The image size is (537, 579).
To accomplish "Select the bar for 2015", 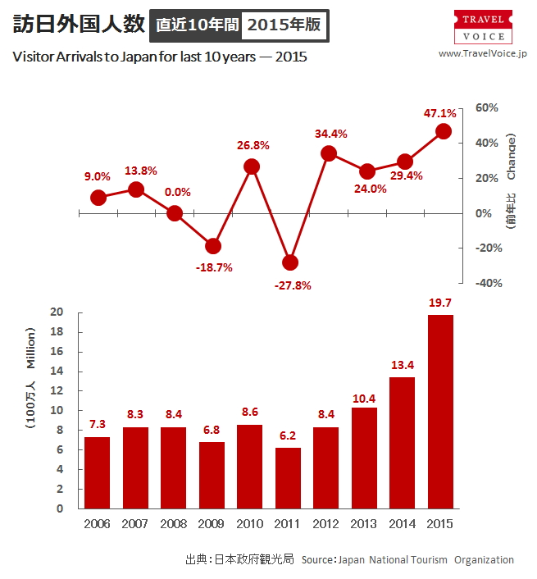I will (x=440, y=412).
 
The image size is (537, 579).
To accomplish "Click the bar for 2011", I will (x=288, y=478).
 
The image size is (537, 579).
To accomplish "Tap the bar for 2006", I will (x=98, y=472).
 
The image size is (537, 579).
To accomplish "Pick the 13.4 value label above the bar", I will (x=402, y=365).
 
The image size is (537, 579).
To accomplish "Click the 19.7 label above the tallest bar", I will (x=440, y=303).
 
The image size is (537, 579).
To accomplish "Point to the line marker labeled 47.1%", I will (x=444, y=131).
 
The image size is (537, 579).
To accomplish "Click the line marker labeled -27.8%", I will (x=289, y=262).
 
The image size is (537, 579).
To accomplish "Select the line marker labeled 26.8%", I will (x=252, y=166).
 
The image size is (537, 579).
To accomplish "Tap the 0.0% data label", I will (x=177, y=193).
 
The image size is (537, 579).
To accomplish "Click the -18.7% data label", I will (x=214, y=267).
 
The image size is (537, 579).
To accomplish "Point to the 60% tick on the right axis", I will (x=488, y=108).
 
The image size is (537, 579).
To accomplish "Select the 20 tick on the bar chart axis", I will (x=57, y=312).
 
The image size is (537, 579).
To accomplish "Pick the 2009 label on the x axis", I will (x=212, y=524).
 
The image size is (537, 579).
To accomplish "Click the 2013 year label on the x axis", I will (x=364, y=524).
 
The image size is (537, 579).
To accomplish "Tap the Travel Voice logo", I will (x=483, y=27).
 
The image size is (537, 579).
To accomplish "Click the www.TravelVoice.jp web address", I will (x=483, y=53).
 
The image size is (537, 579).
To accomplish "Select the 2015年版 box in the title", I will (x=284, y=25).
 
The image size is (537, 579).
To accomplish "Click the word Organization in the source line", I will (x=484, y=560).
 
